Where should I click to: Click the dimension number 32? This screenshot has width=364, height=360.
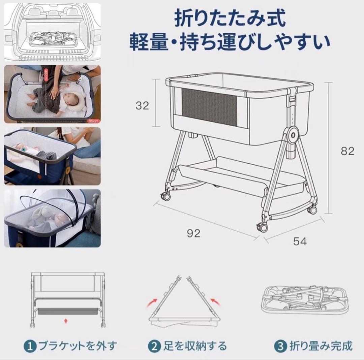click(x=142, y=105)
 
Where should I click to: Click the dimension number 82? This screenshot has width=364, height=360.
click(x=347, y=151)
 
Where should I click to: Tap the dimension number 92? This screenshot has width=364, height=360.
click(x=193, y=233)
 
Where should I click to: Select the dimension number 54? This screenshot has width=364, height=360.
click(x=300, y=241)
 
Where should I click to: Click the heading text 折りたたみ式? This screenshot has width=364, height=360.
click(x=230, y=19)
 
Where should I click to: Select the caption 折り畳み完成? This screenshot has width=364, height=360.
click(x=320, y=346)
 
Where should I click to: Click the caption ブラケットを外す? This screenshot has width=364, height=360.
click(x=78, y=346)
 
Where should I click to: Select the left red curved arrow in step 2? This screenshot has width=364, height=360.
click(x=153, y=302)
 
